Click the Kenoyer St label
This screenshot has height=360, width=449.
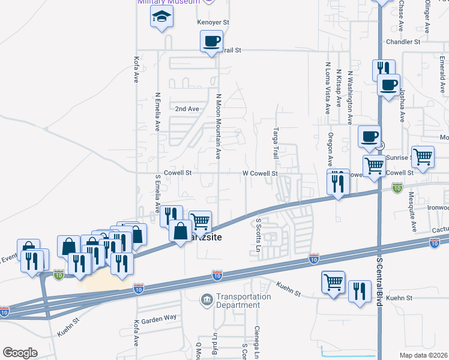pyautogui.click(x=214, y=22)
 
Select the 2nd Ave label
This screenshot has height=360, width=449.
pyautogui.click(x=187, y=109)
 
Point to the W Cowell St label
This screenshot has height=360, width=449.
pyautogui.click(x=259, y=173)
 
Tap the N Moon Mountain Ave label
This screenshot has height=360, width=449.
pyautogui.click(x=218, y=125)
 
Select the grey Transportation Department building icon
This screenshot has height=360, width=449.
pyautogui.click(x=206, y=299)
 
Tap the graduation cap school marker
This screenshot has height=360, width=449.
pyautogui.click(x=161, y=18)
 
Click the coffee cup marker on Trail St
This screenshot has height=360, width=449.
pyautogui.click(x=211, y=42)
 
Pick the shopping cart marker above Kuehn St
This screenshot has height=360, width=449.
pyautogui.click(x=333, y=281)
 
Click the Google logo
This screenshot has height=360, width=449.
pyautogui.click(x=20, y=353)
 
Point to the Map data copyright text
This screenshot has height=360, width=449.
pyautogui.click(x=423, y=355)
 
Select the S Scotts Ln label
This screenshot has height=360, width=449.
pyautogui.click(x=259, y=233)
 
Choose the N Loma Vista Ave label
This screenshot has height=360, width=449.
pyautogui.click(x=328, y=88)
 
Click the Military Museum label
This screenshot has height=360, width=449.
pyautogui.click(x=168, y=2)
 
